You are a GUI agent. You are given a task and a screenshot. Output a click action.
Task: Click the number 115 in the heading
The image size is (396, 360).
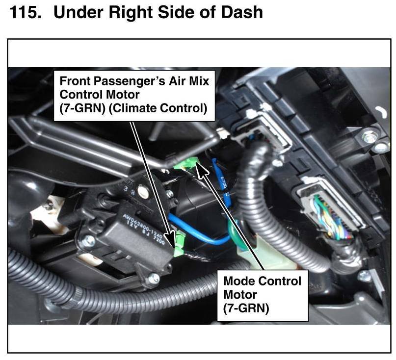point(25,12)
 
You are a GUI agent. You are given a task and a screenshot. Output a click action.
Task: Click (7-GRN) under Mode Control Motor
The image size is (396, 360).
point(246,309)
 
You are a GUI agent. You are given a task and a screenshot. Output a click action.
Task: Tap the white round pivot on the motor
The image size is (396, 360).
point(143,190)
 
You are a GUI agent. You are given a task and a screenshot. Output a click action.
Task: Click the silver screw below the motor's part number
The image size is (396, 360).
point(154,279)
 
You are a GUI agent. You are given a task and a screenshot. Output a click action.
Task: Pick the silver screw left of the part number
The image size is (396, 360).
point(89,240)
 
